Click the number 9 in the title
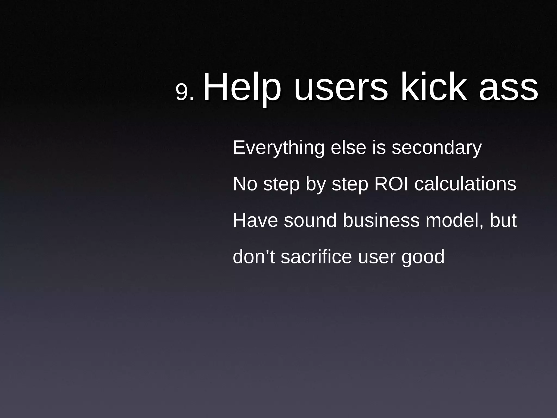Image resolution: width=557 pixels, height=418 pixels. click(182, 92)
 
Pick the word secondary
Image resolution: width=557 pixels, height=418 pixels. click(437, 148)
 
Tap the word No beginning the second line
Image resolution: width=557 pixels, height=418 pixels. click(245, 184)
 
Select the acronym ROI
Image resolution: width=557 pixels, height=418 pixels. click(391, 184)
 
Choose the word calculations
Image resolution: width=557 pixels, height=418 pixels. click(465, 184)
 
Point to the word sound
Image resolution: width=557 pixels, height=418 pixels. click(310, 220)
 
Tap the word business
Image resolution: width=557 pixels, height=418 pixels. click(381, 220)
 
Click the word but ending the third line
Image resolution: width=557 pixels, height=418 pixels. click(503, 220)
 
